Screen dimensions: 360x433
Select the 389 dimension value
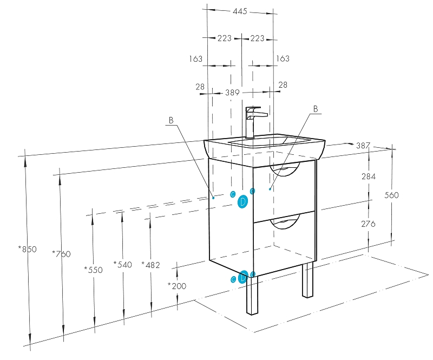pos(232,93)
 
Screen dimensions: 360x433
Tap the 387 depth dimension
pos(363,146)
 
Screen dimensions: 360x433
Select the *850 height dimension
pos(28,250)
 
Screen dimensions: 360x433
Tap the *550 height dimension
pos(93,270)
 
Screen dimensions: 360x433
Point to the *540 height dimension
pos(123,264)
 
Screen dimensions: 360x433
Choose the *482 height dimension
pos(150,265)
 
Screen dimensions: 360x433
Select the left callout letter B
pos(170,121)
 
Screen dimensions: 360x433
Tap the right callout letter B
pos(316,109)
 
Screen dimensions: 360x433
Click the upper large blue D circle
pos(243,202)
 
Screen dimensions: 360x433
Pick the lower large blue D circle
pos(243,278)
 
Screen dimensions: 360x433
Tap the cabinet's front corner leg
pos(253,294)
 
